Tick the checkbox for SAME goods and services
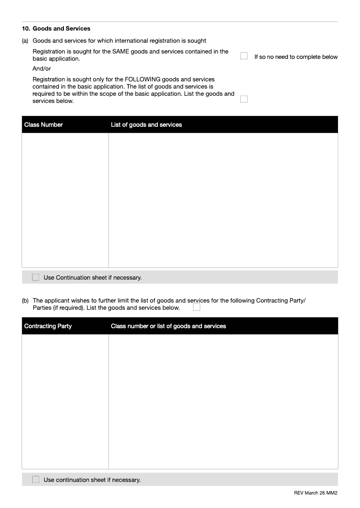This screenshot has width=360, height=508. [x=244, y=56]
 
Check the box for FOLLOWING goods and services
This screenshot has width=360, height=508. [x=244, y=99]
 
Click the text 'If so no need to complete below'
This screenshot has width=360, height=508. [x=296, y=57]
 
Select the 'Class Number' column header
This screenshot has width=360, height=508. [x=44, y=125]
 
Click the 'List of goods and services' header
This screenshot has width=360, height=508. [x=146, y=125]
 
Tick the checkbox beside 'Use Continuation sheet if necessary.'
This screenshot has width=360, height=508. [x=36, y=277]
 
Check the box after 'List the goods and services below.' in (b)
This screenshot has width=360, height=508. [x=197, y=307]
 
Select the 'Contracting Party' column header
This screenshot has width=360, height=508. [x=48, y=326]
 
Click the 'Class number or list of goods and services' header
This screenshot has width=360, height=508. [x=168, y=326]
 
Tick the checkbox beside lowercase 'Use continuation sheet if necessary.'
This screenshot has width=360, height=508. [x=36, y=480]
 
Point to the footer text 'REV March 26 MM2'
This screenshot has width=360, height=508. [x=315, y=493]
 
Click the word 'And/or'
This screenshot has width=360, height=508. [x=42, y=69]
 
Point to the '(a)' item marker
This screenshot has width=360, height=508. [x=25, y=41]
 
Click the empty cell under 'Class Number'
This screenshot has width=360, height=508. [x=65, y=200]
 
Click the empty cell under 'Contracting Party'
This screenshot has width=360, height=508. [x=65, y=401]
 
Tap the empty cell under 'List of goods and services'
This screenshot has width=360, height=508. [x=223, y=200]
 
